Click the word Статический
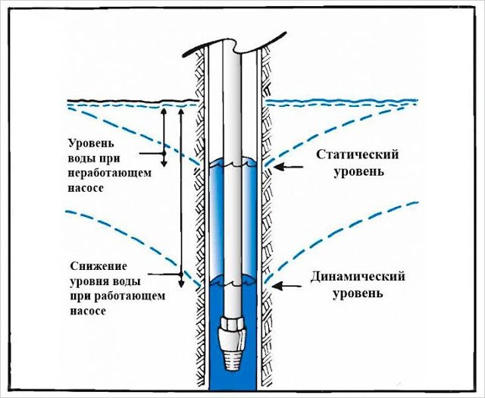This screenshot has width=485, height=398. click(355, 155)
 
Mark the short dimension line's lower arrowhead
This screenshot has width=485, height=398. click(162, 161)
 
